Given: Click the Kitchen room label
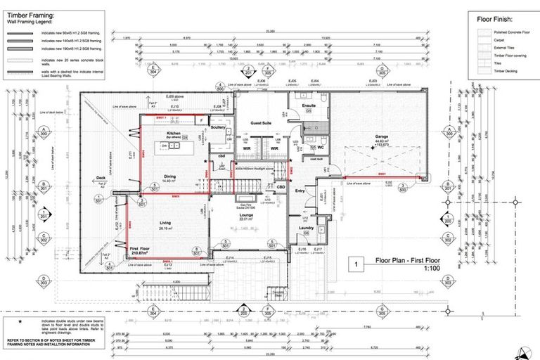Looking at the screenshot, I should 174,132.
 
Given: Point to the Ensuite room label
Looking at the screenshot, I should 309,105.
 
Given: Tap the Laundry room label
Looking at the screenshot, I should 305,228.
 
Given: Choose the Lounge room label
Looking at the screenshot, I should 245,216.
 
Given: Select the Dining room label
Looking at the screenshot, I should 169,176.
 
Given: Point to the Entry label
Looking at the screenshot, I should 300,190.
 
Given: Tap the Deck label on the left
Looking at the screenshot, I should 101,178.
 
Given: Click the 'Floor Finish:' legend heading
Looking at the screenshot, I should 495,20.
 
